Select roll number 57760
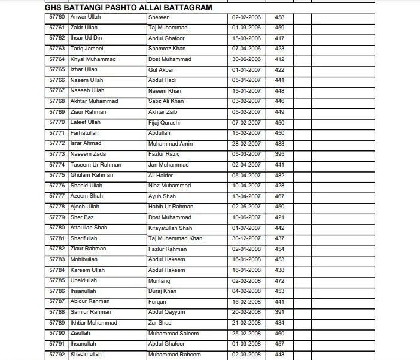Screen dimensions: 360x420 57,17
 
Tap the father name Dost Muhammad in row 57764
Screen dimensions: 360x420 169,59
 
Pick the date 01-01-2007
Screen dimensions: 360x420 246,69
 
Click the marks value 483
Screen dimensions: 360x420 279,143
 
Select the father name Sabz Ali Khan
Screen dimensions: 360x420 166,101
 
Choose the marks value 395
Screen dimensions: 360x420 279,154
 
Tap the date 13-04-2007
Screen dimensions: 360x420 246,196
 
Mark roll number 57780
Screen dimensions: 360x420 57,228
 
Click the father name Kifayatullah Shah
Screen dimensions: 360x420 171,228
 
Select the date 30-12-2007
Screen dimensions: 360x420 246,238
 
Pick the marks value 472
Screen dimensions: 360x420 279,280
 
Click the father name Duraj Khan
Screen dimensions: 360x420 162,291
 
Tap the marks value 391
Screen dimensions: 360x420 279,312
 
